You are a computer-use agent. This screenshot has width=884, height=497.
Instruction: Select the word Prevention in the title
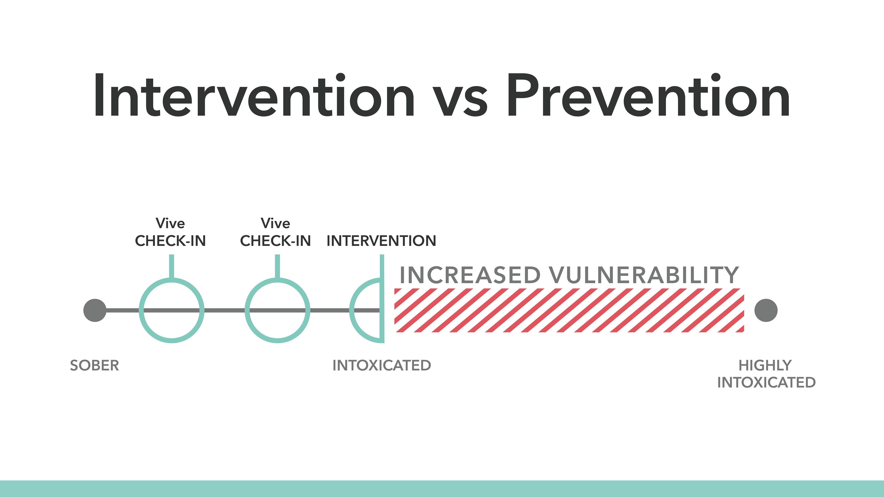648,95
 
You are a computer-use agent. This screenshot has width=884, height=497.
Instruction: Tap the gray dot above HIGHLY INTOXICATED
766,310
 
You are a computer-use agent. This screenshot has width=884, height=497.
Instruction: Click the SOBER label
94,365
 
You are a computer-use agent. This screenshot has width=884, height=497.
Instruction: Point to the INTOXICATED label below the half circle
382,365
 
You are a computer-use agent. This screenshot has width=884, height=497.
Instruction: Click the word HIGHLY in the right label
765,365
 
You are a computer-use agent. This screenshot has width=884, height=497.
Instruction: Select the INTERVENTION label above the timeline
381,241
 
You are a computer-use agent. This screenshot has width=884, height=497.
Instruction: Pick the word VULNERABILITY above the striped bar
644,275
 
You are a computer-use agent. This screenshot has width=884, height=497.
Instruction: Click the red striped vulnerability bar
569,310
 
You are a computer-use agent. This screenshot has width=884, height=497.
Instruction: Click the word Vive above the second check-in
275,223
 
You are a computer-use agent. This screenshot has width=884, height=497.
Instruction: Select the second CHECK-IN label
275,241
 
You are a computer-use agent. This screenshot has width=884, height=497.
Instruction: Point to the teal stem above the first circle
172,266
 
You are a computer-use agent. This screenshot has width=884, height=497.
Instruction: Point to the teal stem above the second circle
277,266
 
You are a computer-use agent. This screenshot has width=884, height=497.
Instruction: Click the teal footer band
442,489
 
